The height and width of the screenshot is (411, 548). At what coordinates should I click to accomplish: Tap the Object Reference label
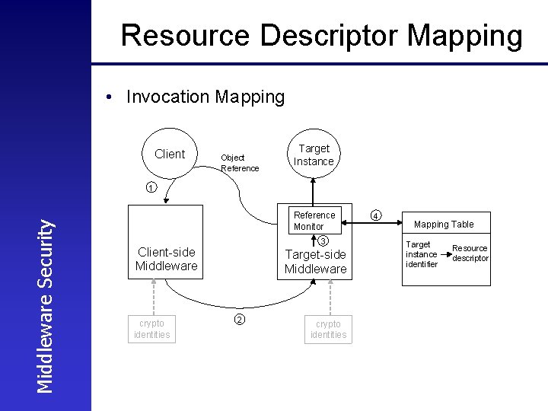[x=239, y=163]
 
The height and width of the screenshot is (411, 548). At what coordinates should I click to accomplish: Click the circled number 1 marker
[x=151, y=188]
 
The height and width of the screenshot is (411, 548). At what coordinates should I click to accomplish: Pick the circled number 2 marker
[x=238, y=319]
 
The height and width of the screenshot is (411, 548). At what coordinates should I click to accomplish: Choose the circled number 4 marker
[x=376, y=215]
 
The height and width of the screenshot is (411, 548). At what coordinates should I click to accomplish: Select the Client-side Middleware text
[x=166, y=259]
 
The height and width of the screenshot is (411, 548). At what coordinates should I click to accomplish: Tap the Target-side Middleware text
[x=315, y=262]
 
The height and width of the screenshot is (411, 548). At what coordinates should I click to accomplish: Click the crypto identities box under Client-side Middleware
[x=151, y=328]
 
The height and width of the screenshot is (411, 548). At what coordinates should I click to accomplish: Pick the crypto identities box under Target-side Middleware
[x=328, y=329]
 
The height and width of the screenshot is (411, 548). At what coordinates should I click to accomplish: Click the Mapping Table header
[x=443, y=224]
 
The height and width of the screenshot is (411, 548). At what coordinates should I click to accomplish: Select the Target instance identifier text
[x=421, y=254]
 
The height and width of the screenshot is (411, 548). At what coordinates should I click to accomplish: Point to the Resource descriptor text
[x=470, y=253]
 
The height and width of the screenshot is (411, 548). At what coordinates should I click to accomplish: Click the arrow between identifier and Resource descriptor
[x=445, y=253]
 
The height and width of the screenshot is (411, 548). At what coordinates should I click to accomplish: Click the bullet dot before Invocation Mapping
[x=110, y=97]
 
